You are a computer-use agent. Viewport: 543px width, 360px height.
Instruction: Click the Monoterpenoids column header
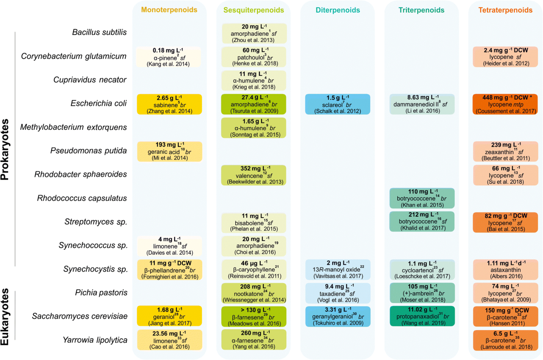point(169,9)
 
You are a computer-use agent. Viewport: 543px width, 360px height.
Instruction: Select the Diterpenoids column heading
point(337,9)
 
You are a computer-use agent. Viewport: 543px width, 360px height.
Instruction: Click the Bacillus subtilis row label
point(99,32)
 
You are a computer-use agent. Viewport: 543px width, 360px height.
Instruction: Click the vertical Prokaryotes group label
point(6,149)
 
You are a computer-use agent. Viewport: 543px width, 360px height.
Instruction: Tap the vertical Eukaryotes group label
point(6,319)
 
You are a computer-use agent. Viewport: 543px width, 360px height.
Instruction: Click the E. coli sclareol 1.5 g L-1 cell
point(338,104)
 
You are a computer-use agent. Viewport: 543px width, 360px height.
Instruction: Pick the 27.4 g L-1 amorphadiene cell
point(253,104)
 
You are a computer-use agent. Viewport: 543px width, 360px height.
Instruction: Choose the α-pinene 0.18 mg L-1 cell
point(169,57)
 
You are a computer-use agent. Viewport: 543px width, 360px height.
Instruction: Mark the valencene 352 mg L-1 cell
point(253,175)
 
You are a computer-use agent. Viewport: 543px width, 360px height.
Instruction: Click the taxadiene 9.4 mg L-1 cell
point(338,293)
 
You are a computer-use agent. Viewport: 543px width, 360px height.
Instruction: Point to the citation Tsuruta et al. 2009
point(253,111)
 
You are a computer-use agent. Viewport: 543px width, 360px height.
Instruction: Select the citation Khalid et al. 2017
point(422,229)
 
